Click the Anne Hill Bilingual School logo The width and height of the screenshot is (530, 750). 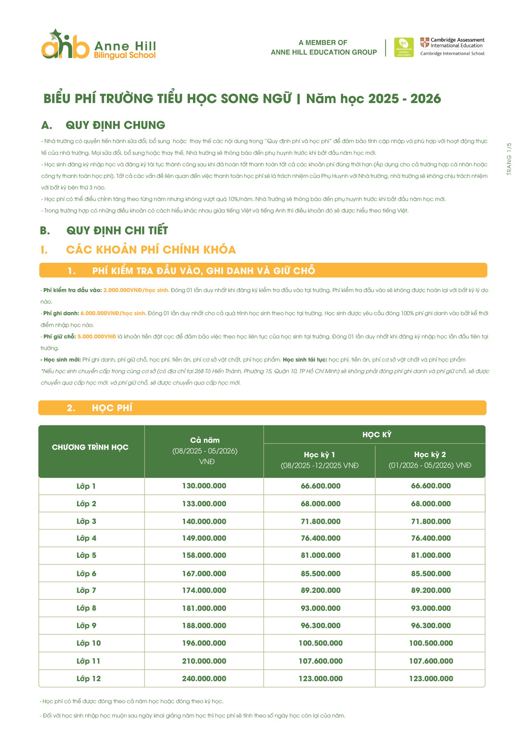click(98, 45)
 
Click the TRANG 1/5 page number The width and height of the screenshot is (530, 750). click(509, 159)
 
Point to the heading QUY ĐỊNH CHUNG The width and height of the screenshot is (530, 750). click(115, 125)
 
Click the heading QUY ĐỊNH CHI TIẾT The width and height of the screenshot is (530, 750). click(117, 231)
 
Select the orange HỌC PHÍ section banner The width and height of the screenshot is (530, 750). click(262, 408)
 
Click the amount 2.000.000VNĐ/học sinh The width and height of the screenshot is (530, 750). click(136, 290)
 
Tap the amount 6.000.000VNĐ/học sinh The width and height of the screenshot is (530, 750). click(113, 313)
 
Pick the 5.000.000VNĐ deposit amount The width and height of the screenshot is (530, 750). click(97, 336)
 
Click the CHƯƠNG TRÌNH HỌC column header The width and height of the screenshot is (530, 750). click(90, 447)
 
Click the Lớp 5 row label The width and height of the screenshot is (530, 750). click(86, 555)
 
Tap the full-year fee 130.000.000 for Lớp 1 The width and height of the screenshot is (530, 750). click(204, 486)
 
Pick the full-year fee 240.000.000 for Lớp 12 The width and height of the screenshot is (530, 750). click(204, 679)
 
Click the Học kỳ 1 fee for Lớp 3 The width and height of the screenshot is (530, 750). click(320, 521)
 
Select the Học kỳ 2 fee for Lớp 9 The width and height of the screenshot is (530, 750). click(431, 625)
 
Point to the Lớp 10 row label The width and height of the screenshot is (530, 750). click(88, 643)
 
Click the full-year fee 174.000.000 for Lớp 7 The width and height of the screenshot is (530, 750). click(204, 590)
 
